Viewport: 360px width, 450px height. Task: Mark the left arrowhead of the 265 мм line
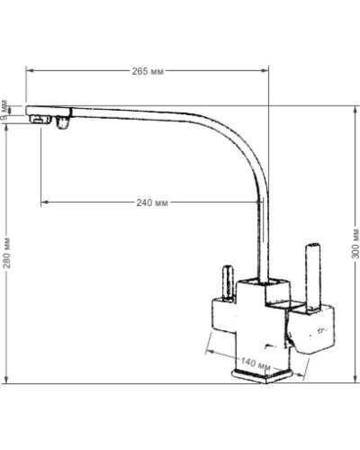coord(29,70)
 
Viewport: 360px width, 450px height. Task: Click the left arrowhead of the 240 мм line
coord(42,202)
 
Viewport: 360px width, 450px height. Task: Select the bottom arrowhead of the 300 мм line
coord(345,382)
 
